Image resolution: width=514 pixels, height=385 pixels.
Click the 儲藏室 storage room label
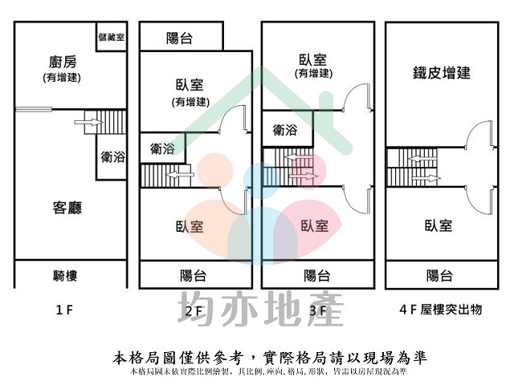[x=111, y=38]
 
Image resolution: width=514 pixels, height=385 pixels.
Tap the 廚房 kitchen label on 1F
[x=62, y=63]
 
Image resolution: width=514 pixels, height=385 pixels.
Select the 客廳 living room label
[x=67, y=209]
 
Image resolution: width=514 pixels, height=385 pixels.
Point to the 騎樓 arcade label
[x=65, y=276]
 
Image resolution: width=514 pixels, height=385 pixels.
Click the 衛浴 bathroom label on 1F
[x=113, y=157]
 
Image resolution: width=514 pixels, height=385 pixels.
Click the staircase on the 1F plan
[x=104, y=122]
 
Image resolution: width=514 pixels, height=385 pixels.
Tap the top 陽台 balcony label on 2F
[x=179, y=38]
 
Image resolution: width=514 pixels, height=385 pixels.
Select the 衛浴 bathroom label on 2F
[x=162, y=148]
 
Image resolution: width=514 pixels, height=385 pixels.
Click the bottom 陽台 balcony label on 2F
[x=193, y=276]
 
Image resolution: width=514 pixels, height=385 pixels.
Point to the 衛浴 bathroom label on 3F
[x=285, y=129]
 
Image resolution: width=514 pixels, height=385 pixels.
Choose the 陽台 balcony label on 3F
[x=316, y=276]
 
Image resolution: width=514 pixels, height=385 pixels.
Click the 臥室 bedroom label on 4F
[x=439, y=225]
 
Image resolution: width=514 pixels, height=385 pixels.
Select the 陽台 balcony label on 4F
[x=439, y=276]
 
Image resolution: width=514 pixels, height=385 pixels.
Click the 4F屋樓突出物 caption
[x=440, y=309]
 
